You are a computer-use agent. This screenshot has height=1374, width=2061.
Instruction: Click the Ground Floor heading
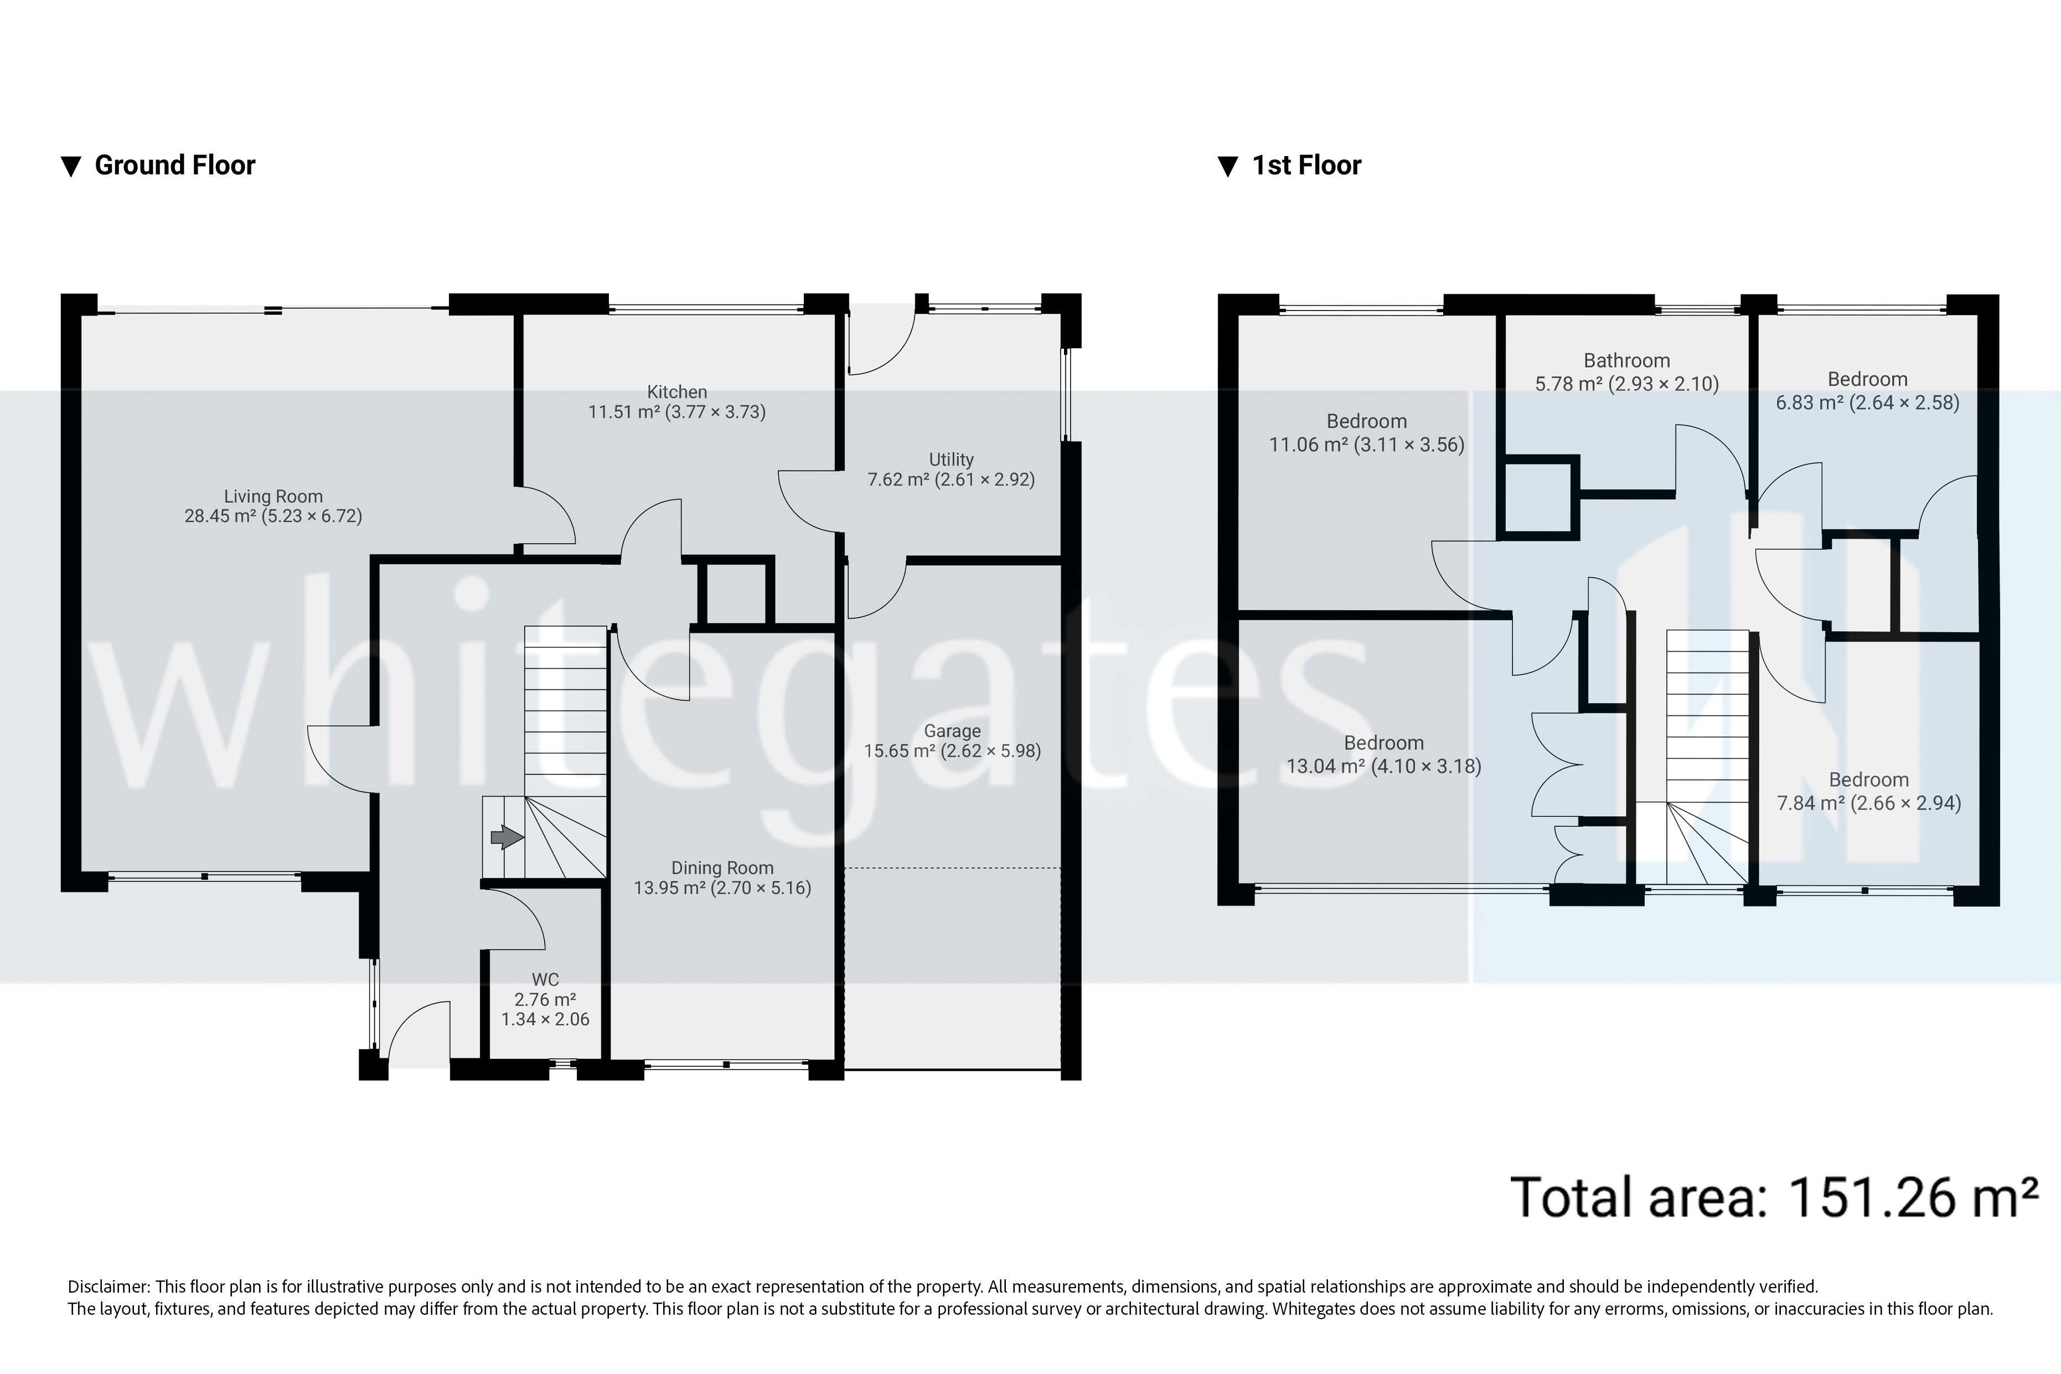[174, 166]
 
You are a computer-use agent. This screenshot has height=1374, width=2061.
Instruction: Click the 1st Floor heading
[1306, 166]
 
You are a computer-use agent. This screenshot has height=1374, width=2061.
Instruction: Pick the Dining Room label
[722, 867]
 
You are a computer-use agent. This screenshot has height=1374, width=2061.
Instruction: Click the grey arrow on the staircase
[507, 838]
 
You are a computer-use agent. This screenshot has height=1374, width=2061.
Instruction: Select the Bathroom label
[1626, 361]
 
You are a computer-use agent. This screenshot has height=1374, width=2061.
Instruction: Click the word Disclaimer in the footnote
[108, 1287]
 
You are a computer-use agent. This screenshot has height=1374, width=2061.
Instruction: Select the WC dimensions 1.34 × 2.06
[545, 1019]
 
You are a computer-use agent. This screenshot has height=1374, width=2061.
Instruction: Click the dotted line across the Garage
[953, 869]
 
